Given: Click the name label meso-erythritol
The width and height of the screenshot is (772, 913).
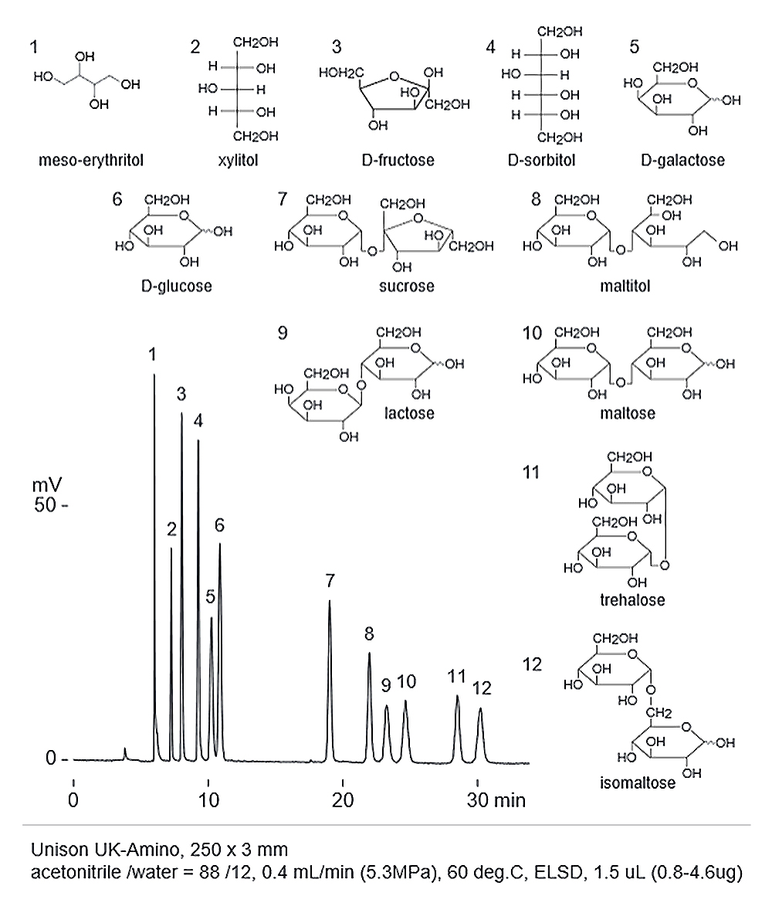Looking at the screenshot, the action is tap(91, 160).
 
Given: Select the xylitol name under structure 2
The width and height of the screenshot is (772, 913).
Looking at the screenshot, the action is tap(238, 160).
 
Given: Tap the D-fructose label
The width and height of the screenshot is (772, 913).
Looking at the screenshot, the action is tap(398, 160).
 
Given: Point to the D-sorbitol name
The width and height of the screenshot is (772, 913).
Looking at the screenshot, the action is tap(541, 160).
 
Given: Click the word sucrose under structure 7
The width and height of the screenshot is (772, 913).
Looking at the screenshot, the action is tap(407, 287).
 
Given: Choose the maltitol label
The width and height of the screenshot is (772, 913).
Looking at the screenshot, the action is tap(625, 287).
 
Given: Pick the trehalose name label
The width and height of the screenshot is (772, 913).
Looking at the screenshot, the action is tap(632, 599).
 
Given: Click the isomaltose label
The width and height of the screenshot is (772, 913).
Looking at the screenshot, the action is tap(638, 782).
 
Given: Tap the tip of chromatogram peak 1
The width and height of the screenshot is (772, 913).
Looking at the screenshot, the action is tap(154, 375).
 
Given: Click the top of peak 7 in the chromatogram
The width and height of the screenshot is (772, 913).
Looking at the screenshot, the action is tap(330, 600).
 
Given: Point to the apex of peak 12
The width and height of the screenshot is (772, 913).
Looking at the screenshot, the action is tap(480, 708).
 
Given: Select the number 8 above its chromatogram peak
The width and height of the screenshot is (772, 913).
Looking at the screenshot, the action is tap(369, 633).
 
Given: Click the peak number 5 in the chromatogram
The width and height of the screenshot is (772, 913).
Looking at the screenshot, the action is tap(210, 596).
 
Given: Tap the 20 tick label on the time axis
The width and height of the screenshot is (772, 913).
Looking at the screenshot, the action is tap(343, 800).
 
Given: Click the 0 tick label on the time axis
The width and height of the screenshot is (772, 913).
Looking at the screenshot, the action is tap(73, 800).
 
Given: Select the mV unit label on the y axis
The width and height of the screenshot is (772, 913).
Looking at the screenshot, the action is tap(47, 485).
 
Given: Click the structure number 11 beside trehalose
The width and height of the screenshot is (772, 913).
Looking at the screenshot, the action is tap(531, 472).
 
